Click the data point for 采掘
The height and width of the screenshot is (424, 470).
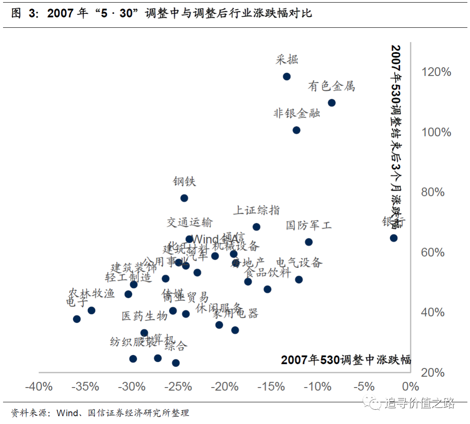point(286,76)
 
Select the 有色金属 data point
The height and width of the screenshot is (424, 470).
point(332,103)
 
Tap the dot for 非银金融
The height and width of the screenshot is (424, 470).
point(296,130)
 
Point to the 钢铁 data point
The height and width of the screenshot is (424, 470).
point(184,198)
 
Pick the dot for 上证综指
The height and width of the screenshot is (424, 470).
point(256,227)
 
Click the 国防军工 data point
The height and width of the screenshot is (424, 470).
point(309,242)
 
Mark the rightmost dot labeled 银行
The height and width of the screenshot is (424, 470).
point(393,238)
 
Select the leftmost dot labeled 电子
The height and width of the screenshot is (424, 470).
point(77,319)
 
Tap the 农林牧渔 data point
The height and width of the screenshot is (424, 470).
point(91,310)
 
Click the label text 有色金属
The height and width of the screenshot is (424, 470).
point(331,86)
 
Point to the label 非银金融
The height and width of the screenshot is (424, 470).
point(296,113)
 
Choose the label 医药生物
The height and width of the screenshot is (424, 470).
point(144,316)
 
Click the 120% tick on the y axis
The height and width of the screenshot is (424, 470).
point(436,72)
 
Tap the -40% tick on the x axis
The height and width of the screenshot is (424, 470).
point(39,386)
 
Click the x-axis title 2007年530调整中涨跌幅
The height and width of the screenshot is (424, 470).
point(346,360)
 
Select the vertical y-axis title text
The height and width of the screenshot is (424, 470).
point(396,137)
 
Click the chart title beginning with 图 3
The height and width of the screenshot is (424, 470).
point(161,13)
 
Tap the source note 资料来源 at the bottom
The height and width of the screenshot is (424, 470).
point(100,413)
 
